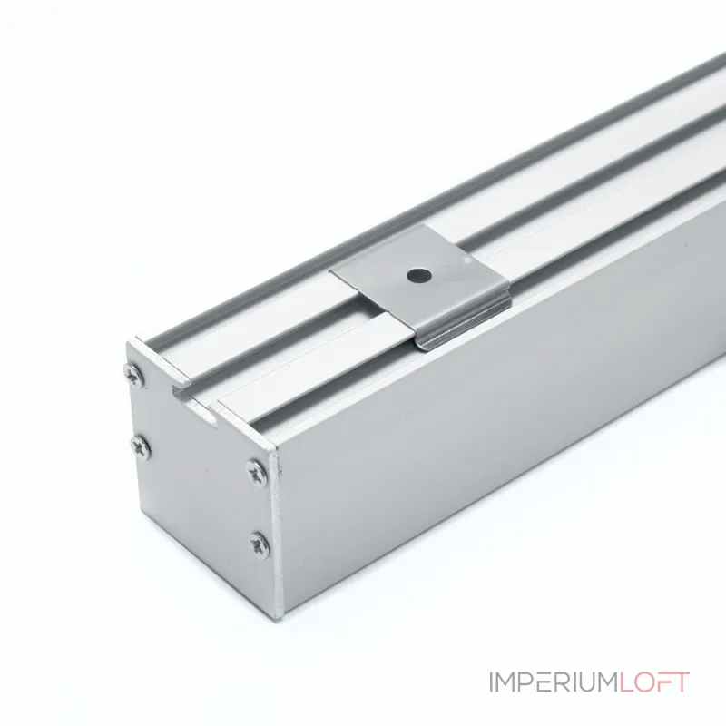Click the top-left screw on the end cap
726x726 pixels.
[134, 373]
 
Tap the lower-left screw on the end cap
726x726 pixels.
[141, 447]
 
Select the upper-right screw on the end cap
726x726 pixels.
[256, 472]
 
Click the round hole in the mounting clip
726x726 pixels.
[419, 276]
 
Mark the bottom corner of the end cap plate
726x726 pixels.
[279, 619]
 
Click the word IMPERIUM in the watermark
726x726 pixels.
[554, 682]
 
